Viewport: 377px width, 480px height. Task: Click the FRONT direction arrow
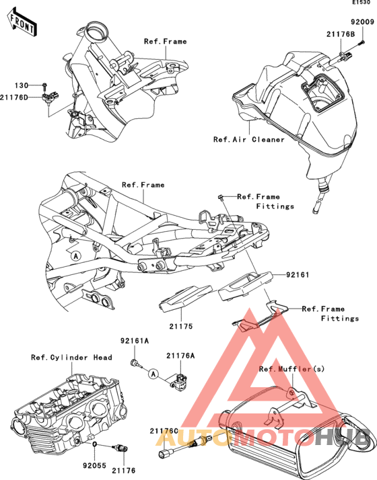click(21, 22)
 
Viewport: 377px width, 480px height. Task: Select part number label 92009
click(363, 22)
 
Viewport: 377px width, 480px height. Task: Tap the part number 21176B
click(341, 34)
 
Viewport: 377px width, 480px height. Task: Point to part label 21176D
click(13, 97)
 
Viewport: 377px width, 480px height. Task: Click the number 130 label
click(22, 85)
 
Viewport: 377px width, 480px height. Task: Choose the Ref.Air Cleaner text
click(249, 140)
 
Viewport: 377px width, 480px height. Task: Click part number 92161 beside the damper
click(298, 275)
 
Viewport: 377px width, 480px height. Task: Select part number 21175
click(181, 326)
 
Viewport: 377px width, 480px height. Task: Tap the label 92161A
click(134, 341)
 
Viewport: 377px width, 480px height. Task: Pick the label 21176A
click(180, 356)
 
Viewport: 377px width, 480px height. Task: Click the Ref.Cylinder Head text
click(71, 358)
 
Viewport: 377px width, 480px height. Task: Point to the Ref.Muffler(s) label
click(292, 369)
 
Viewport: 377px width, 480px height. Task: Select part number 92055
click(94, 466)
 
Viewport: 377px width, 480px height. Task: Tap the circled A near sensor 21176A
click(154, 374)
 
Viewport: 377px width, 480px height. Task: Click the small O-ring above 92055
click(95, 444)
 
